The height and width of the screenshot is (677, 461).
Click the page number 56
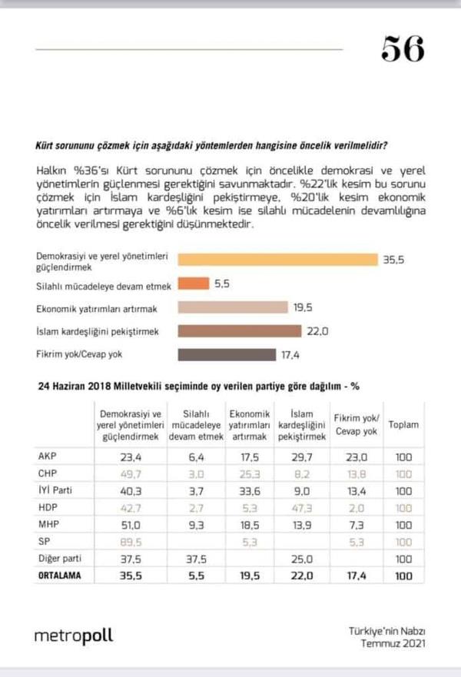click(x=403, y=49)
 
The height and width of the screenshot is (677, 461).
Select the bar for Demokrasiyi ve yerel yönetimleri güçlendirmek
click(x=277, y=260)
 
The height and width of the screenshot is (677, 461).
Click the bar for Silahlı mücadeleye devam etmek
click(x=193, y=284)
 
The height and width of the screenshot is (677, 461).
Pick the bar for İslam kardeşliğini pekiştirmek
click(x=239, y=330)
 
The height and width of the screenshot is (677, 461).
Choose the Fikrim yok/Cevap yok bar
click(x=226, y=354)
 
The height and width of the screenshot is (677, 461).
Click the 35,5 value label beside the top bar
click(x=393, y=260)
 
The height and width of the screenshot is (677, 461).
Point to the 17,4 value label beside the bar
click(x=290, y=354)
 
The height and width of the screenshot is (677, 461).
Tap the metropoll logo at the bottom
click(x=73, y=636)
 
